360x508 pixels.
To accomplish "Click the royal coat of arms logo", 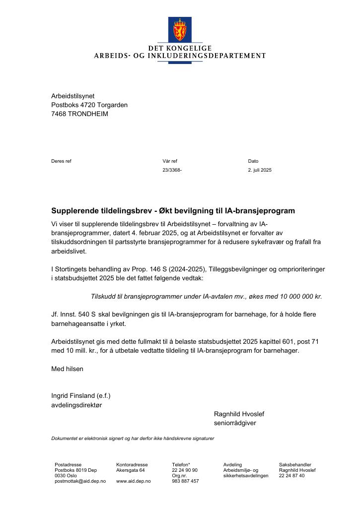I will (x=180, y=29).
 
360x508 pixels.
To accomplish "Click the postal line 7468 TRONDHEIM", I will (x=79, y=114).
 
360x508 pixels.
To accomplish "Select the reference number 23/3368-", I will (x=172, y=170).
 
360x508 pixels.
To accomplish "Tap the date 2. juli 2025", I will (x=260, y=170).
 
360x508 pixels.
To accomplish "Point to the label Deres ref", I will (x=61, y=161).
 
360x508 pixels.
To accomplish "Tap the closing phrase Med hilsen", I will (x=67, y=369).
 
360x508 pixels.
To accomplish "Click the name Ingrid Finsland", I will (x=73, y=395).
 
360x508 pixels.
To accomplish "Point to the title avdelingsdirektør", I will (x=76, y=405).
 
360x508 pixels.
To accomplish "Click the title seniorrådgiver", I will (x=235, y=423).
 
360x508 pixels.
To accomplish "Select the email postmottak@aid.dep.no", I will (x=80, y=481).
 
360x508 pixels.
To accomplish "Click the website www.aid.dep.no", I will (x=133, y=481).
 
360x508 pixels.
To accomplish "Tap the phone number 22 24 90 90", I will (x=185, y=470).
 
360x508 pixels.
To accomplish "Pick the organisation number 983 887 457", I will (x=185, y=481).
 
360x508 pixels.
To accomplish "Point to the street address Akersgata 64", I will (x=130, y=470).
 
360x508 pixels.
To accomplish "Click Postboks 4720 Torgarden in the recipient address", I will (x=89, y=105).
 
